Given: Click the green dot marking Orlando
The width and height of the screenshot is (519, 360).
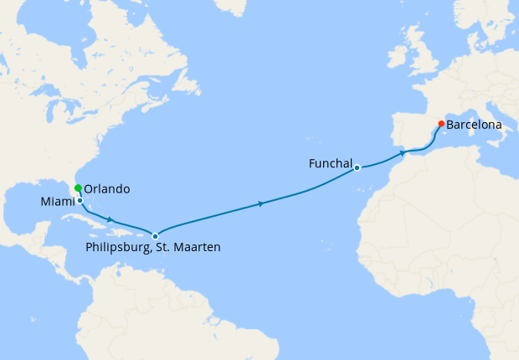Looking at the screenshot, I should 78,188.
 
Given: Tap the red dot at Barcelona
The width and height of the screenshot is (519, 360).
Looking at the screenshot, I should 441,124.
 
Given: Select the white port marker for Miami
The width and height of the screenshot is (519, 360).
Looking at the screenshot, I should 80,201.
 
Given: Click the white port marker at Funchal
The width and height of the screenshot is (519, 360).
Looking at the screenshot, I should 357,167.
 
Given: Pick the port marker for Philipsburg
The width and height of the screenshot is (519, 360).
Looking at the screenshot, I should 155,236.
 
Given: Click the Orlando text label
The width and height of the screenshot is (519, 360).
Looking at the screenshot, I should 107,189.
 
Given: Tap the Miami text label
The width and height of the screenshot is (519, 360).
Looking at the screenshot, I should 56,203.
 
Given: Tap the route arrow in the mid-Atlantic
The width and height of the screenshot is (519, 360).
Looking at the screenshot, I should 262,203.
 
